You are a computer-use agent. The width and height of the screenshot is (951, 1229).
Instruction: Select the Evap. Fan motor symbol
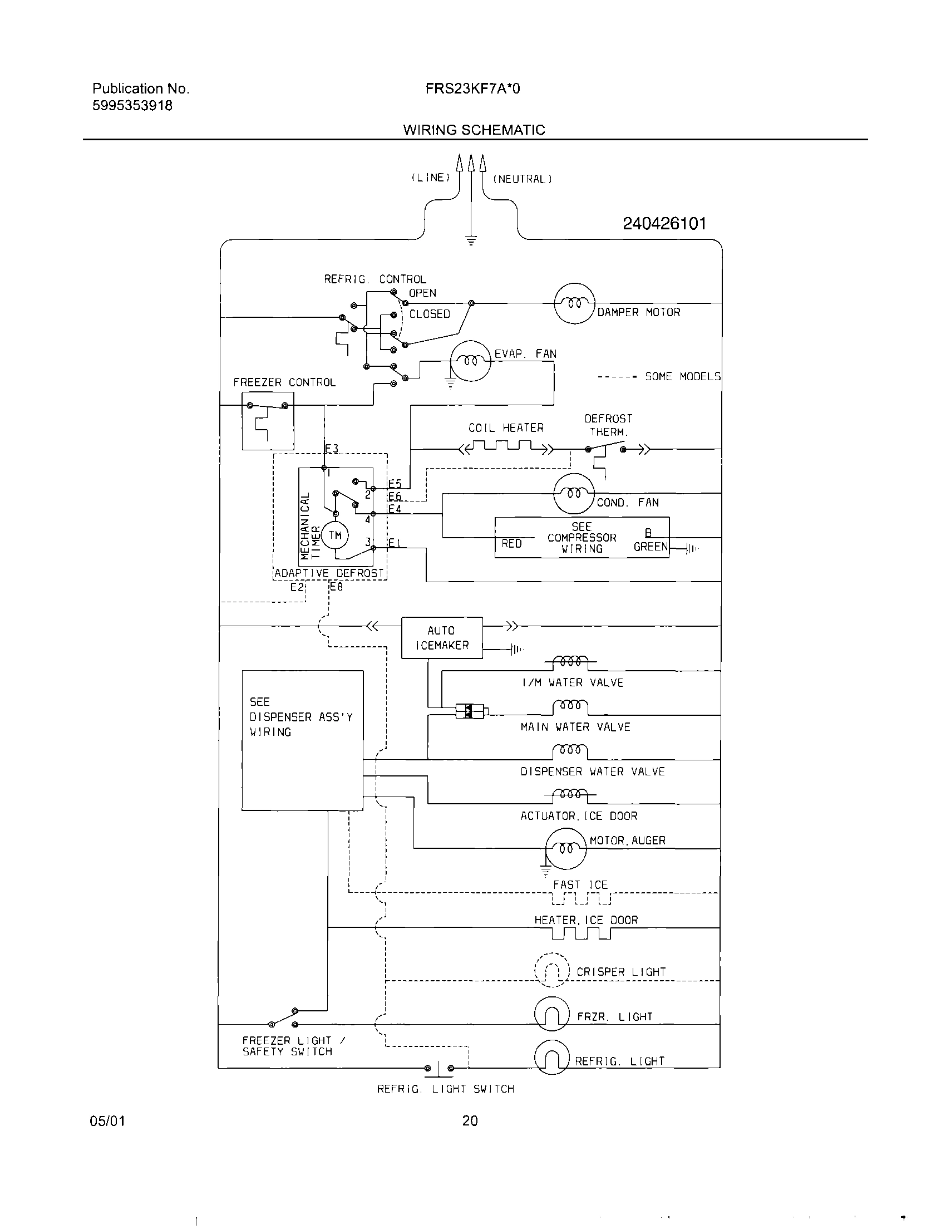(x=470, y=361)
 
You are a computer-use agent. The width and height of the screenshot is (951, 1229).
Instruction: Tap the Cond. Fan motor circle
(x=574, y=494)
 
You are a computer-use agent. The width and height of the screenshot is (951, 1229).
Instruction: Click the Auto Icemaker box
(x=442, y=637)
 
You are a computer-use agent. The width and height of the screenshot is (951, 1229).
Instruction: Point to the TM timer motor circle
(x=335, y=535)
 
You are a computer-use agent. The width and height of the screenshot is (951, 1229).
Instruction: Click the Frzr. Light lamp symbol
(x=551, y=1014)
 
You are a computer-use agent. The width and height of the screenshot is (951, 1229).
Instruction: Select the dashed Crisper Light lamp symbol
(x=551, y=970)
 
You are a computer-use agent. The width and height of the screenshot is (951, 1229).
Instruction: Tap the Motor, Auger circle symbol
(x=565, y=848)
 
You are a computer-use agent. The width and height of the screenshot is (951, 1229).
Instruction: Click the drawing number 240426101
(x=664, y=224)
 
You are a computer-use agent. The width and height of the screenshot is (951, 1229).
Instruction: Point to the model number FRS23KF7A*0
(x=472, y=89)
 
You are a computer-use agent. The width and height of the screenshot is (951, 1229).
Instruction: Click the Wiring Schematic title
(x=474, y=130)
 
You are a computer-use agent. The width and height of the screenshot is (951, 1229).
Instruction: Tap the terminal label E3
(x=332, y=449)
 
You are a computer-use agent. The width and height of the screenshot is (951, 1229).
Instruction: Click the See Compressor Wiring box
(x=582, y=537)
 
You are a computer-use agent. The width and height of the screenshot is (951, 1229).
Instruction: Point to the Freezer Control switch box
(x=267, y=420)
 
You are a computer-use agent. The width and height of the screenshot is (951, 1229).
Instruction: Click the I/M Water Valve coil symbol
(x=570, y=662)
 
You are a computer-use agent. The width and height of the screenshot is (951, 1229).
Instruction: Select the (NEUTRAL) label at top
(x=522, y=180)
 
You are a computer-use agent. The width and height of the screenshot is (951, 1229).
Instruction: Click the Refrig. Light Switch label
(x=446, y=1089)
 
